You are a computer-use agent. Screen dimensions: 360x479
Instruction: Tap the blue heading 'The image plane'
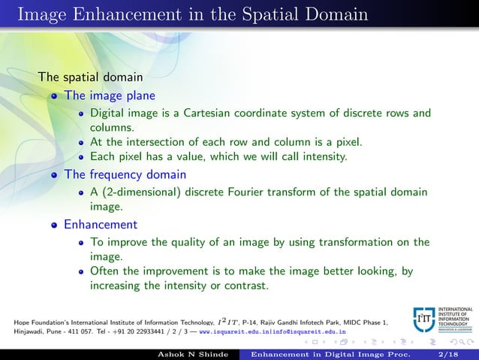[110, 96]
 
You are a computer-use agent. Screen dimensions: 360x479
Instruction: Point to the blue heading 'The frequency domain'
[125, 174]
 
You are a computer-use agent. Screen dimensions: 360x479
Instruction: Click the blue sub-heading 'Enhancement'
[101, 224]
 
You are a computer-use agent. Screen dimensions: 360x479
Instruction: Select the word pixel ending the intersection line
[345, 141]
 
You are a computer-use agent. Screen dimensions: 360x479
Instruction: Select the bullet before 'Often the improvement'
[80, 272]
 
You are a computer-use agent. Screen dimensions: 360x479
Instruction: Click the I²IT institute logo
[423, 319]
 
